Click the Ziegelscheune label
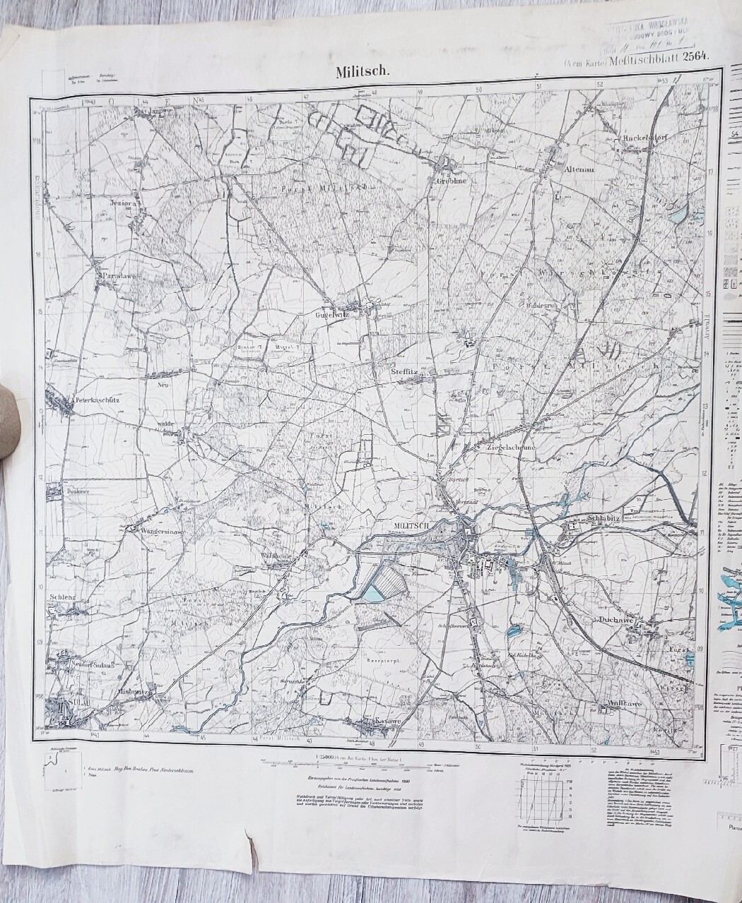[512, 447]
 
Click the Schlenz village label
[63, 596]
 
